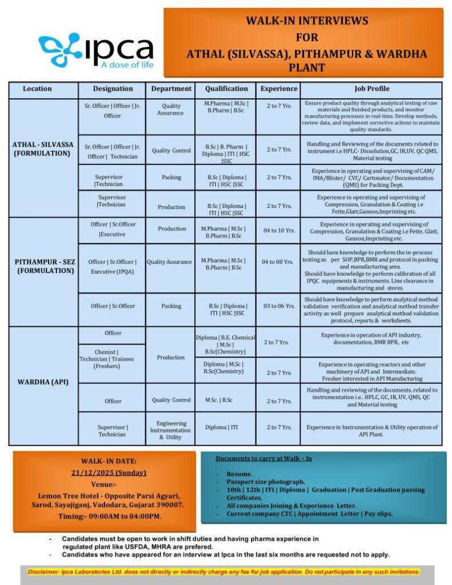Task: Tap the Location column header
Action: click(x=37, y=89)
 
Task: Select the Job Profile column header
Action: click(x=372, y=89)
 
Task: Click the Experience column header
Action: click(x=279, y=89)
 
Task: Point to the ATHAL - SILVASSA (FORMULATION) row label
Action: click(x=43, y=149)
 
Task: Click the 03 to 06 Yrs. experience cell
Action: click(x=279, y=306)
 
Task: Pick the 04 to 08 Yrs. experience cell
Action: click(x=279, y=262)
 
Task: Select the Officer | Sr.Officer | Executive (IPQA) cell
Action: click(x=112, y=267)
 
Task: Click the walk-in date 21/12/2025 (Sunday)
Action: click(x=109, y=472)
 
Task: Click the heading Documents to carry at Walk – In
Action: click(x=264, y=458)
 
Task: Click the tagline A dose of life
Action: click(x=127, y=65)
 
